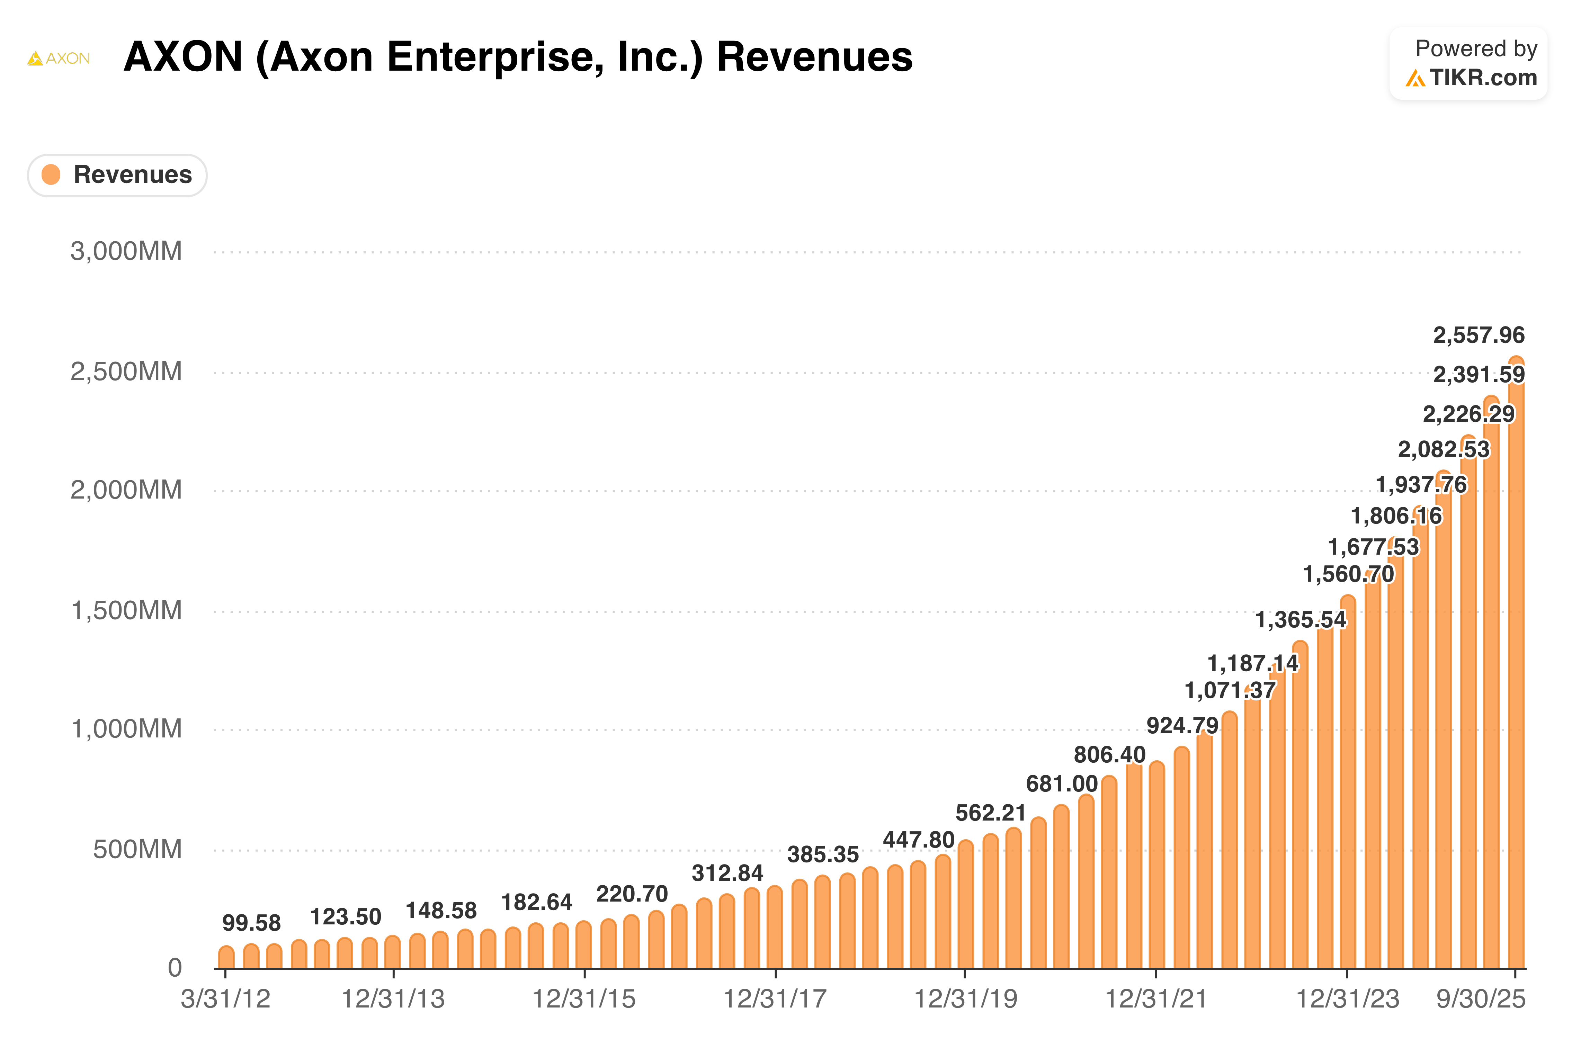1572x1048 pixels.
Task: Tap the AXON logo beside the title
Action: [x=59, y=59]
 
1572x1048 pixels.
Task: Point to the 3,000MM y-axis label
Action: [x=126, y=251]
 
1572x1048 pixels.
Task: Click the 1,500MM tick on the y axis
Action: [x=126, y=610]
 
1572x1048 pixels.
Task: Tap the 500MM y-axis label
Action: [x=137, y=850]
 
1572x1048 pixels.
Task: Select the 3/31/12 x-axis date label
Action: [x=225, y=999]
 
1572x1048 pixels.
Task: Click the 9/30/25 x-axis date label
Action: [x=1481, y=999]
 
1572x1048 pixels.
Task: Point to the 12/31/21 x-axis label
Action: [x=1155, y=999]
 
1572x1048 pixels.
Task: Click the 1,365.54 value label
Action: [x=1301, y=620]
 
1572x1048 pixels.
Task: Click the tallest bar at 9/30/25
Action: [x=1516, y=668]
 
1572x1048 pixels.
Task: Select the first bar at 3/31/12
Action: [x=226, y=958]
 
